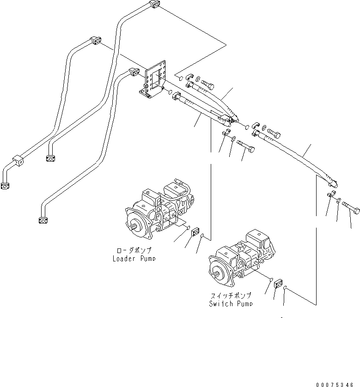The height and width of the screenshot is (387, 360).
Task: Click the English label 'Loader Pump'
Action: [134, 259]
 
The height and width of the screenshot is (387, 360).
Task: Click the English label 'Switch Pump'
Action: [231, 303]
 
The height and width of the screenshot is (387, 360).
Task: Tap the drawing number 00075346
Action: [335, 385]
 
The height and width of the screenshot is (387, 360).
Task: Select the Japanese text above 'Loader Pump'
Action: [134, 250]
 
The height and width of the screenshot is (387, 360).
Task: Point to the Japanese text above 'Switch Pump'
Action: [231, 296]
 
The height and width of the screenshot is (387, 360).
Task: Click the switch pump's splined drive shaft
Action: [218, 274]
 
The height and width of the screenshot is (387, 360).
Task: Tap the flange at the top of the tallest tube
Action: [154, 5]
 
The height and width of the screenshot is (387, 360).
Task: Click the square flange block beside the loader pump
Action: [195, 231]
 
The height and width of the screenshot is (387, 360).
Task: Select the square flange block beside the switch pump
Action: [279, 283]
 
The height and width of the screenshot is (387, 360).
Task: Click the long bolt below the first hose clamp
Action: [246, 146]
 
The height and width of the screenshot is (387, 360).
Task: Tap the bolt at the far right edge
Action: [351, 208]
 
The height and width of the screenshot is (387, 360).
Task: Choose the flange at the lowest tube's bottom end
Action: [43, 220]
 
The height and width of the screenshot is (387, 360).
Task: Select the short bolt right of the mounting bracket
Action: [208, 85]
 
